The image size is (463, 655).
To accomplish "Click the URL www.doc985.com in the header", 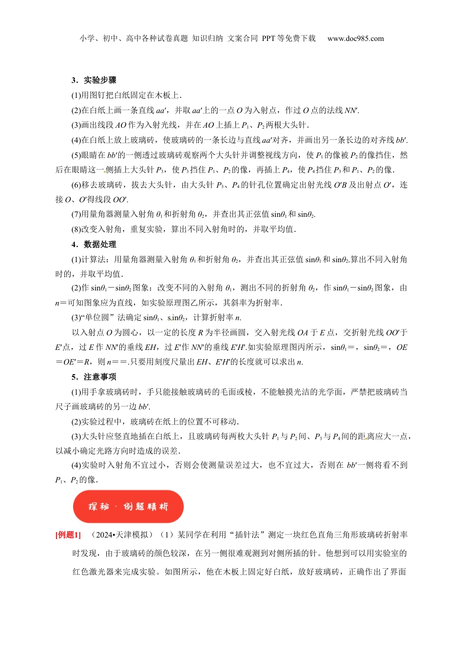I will pyautogui.click(x=356, y=39).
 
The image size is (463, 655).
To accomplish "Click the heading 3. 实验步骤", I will pyautogui.click(x=94, y=80).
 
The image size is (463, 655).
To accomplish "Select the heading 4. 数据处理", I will pyautogui.click(x=94, y=244).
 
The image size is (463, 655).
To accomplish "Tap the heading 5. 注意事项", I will pyautogui.click(x=94, y=377).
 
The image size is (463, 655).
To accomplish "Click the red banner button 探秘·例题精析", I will pyautogui.click(x=128, y=506).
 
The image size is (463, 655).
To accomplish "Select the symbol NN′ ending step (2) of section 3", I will pyautogui.click(x=351, y=110).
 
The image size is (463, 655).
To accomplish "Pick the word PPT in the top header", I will pyautogui.click(x=269, y=39).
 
